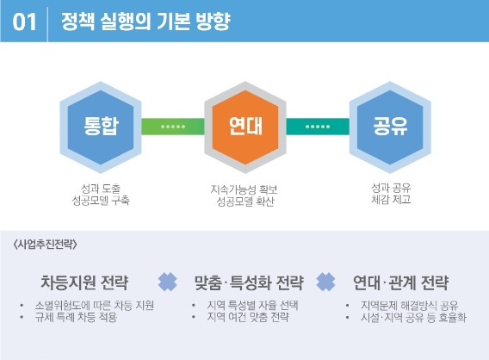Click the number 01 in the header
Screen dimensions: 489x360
[24, 22]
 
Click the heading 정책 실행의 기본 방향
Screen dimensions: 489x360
[145, 22]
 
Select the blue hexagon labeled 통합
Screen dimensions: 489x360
[101, 127]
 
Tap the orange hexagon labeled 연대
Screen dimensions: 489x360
[245, 127]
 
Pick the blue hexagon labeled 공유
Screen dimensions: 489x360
[390, 127]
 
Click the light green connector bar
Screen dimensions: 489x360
[173, 127]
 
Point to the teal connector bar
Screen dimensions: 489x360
[318, 127]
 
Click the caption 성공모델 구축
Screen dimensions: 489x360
[101, 201]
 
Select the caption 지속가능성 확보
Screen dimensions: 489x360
[244, 189]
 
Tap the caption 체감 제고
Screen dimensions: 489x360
[391, 199]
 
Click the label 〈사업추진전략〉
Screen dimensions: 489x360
[46, 244]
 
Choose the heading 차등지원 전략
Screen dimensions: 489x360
[84, 282]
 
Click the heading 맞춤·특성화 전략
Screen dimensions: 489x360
[249, 282]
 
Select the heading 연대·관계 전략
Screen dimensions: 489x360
[400, 282]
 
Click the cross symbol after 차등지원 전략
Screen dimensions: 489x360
[168, 282]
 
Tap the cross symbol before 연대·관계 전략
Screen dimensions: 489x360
[325, 282]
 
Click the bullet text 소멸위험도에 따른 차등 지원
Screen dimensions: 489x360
[94, 305]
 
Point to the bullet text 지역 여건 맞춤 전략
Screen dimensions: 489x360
[248, 317]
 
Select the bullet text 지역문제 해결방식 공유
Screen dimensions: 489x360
[410, 305]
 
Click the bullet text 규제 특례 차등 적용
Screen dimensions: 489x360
[76, 317]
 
